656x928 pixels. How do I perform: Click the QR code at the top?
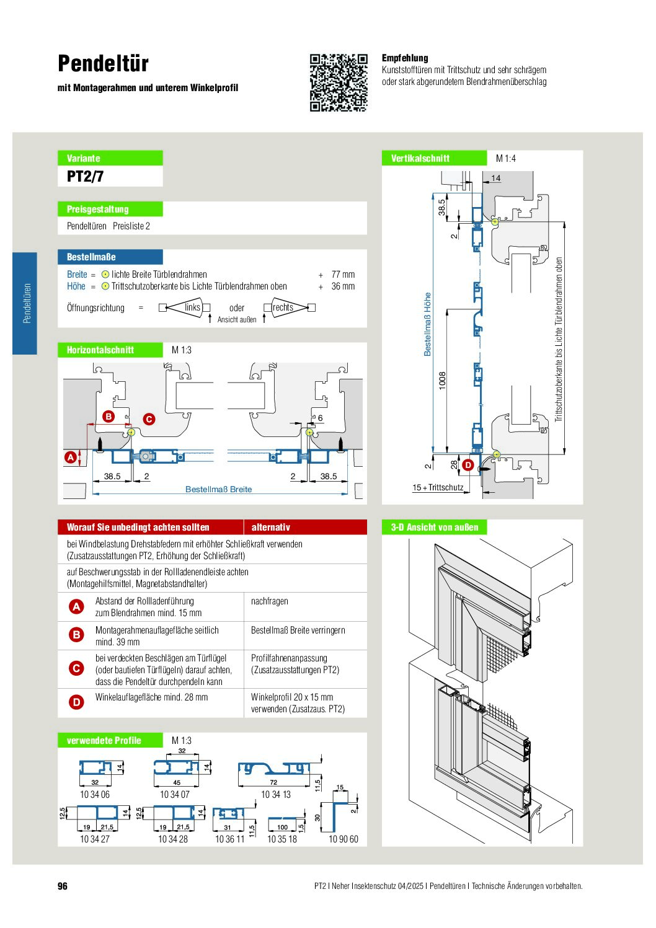[x=339, y=82]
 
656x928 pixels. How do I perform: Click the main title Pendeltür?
[x=103, y=64]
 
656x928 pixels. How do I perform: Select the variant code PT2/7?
[x=86, y=177]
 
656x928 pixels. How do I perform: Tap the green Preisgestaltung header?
[x=110, y=209]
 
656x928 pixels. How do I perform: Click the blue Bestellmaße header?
[x=110, y=257]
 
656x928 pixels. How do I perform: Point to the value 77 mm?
[x=343, y=274]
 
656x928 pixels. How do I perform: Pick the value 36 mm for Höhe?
[x=343, y=286]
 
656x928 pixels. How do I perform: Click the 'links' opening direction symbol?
[x=185, y=307]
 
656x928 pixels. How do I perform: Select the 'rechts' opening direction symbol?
[x=290, y=307]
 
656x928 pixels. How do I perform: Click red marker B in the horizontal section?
[x=109, y=417]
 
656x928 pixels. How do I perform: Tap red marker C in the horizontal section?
[x=149, y=419]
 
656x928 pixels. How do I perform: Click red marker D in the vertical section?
[x=468, y=465]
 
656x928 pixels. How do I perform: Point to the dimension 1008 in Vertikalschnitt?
[x=442, y=381]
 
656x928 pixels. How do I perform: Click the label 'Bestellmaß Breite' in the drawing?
[x=218, y=489]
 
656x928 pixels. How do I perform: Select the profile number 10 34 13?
[x=275, y=794]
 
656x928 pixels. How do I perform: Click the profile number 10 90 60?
[x=343, y=839]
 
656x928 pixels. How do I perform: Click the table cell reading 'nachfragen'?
[x=269, y=601]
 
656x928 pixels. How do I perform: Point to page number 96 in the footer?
[x=63, y=886]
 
